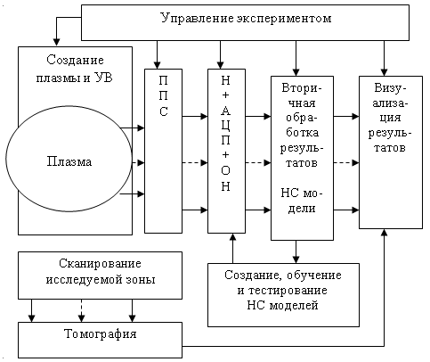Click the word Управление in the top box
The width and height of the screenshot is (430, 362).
coord(197,19)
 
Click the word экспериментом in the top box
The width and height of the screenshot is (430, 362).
coord(284,19)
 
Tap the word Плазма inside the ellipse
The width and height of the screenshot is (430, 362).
coord(69,161)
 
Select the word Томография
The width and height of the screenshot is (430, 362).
coord(101,334)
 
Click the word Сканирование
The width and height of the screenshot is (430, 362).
coord(100,264)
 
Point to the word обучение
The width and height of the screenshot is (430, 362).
coord(314,276)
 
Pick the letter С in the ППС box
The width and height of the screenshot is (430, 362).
coord(164,111)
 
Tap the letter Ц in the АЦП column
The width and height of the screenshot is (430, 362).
coord(226,126)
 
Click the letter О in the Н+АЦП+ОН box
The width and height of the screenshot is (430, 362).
coord(226,170)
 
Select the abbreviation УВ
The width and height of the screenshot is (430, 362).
coord(103,78)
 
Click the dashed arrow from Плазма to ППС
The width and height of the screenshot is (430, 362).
coord(138,163)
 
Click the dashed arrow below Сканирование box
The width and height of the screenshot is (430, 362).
coord(82,310)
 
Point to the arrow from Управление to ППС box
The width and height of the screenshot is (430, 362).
coord(158,54)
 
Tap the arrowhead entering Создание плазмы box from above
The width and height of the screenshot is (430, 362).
coord(56,43)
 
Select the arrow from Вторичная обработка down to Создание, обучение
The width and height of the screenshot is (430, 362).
coord(296,251)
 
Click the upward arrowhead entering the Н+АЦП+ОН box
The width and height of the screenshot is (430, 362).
coord(233,237)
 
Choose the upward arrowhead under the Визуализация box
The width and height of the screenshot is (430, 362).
coord(385,233)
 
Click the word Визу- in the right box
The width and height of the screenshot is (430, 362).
coord(390,88)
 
